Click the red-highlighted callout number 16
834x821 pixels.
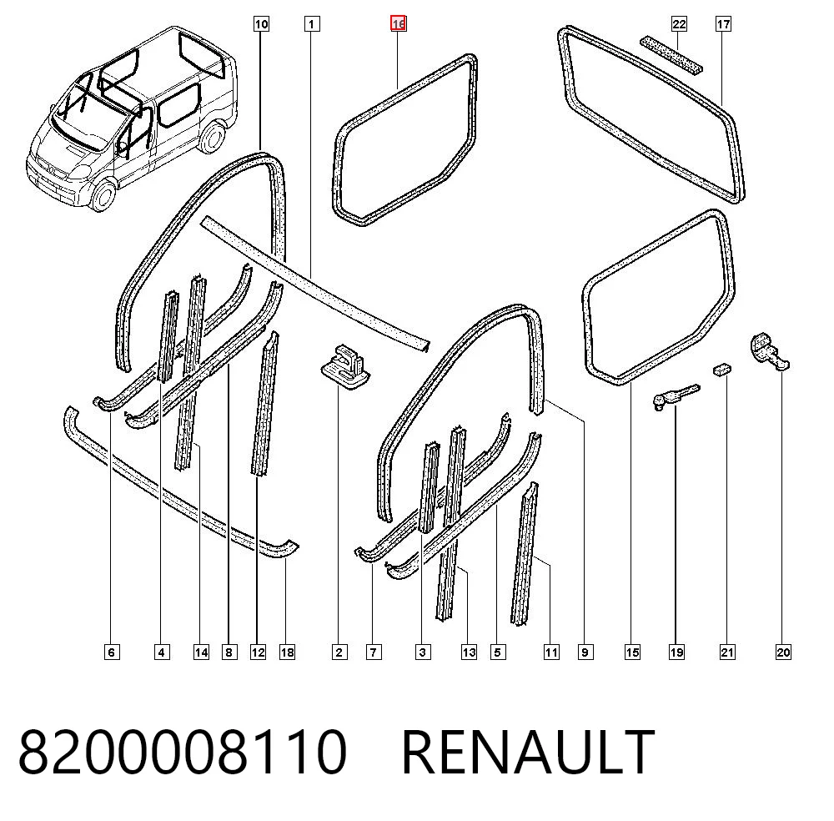pyautogui.click(x=399, y=24)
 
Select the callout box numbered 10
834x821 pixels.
pyautogui.click(x=261, y=24)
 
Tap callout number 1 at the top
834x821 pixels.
pyautogui.click(x=312, y=24)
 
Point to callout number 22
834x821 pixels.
pyautogui.click(x=679, y=24)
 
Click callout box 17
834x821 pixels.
pyautogui.click(x=723, y=24)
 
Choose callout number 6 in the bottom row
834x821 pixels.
pyautogui.click(x=111, y=652)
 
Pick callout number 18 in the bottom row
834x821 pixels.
pyautogui.click(x=287, y=652)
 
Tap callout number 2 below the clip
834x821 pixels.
pyautogui.click(x=339, y=652)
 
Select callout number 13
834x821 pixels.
pyautogui.click(x=469, y=652)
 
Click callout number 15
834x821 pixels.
pyautogui.click(x=632, y=652)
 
